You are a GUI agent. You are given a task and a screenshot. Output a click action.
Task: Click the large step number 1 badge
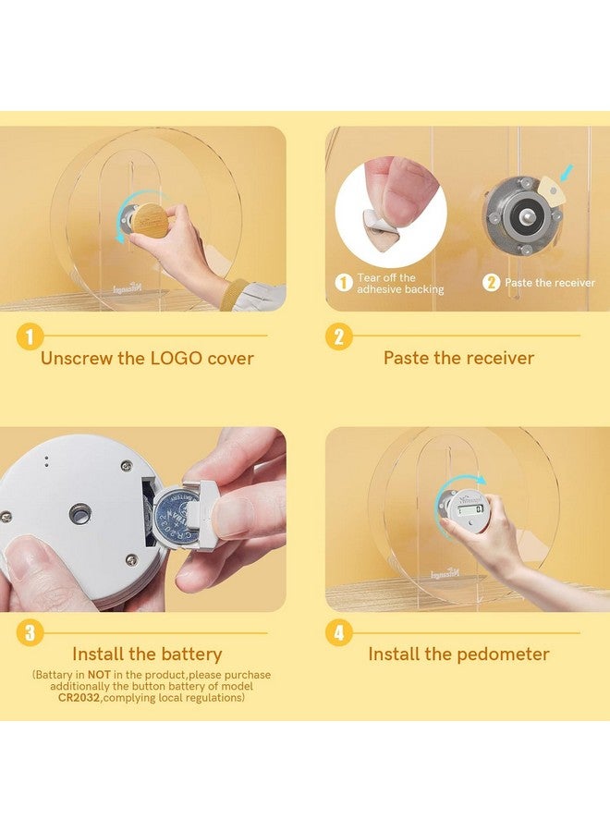pos(30,336)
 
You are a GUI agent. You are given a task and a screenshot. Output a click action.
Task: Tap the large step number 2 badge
pos(339,336)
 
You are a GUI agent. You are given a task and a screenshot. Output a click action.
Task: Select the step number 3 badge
pos(30,632)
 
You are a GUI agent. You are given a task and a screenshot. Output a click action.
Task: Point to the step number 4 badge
pos(339,632)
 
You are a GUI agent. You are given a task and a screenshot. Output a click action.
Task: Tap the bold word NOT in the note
pos(99,675)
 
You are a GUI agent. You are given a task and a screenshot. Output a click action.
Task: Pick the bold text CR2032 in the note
pos(79,698)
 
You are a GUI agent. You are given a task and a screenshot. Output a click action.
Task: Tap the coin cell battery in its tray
pos(175,515)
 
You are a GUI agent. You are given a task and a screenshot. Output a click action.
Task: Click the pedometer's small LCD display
pos(470,510)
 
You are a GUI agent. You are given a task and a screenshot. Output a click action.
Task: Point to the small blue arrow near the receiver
pos(567,172)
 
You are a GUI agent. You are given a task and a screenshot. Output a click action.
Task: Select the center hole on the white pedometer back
pos(79,514)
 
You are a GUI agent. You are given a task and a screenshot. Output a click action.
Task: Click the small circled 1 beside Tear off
pos(344,283)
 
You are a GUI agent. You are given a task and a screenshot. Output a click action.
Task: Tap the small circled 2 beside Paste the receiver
pos(491,283)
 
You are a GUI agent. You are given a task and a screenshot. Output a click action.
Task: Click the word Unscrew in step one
pos(77,358)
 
